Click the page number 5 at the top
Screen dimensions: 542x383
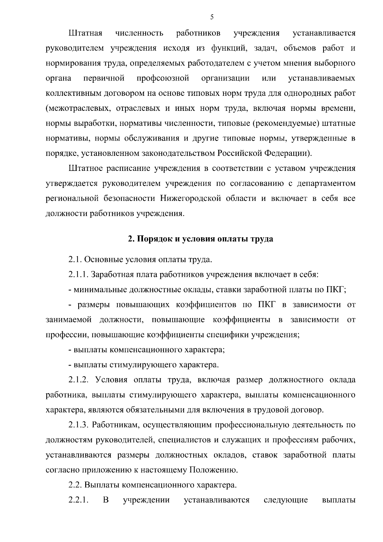(212, 18)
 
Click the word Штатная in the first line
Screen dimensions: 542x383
(85, 33)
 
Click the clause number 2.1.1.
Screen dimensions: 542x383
(79, 275)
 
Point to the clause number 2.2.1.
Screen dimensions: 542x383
(78, 500)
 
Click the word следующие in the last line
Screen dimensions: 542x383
(286, 500)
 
